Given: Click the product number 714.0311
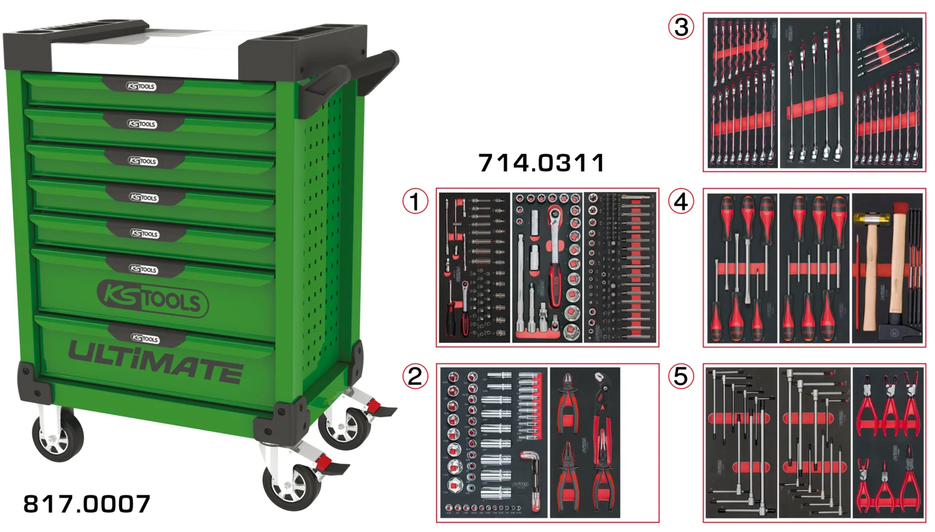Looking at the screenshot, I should [541, 163].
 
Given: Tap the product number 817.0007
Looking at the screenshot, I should [87, 504].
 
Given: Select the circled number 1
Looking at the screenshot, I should [415, 201].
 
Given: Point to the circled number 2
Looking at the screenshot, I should [415, 376].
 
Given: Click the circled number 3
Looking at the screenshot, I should [681, 27].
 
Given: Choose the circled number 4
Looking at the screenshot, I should [681, 201].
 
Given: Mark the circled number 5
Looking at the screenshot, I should [681, 376].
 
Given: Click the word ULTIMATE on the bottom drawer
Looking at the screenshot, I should [155, 362].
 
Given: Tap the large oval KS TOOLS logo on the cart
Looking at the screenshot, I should [153, 299].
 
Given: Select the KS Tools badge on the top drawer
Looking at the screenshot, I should [141, 86].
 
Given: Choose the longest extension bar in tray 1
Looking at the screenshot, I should [520, 281].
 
